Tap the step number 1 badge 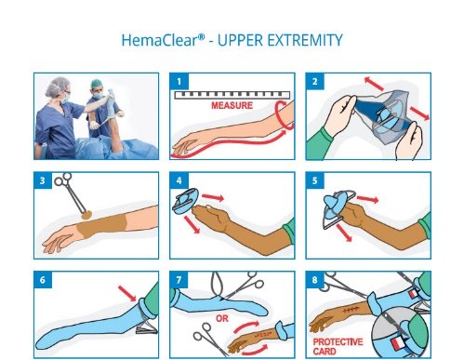[x=179, y=82]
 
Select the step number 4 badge [x=179, y=180]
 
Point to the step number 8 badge [x=315, y=280]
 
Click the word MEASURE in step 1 [x=232, y=105]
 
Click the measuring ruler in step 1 [x=232, y=95]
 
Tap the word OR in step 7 [x=222, y=318]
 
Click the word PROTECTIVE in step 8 [x=338, y=342]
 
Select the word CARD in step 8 [x=325, y=352]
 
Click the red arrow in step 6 [x=127, y=293]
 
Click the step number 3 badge [x=43, y=180]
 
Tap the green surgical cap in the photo [x=97, y=84]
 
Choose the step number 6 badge [x=43, y=280]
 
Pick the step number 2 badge [x=315, y=82]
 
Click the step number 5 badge [x=315, y=180]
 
